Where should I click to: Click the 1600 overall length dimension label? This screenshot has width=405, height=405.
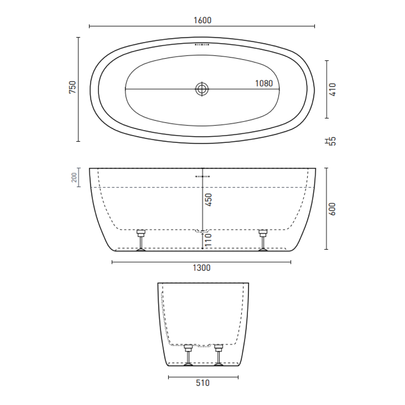[x=202, y=20]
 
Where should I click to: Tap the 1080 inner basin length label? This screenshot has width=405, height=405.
[x=264, y=83]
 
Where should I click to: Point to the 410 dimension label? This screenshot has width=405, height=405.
[x=333, y=89]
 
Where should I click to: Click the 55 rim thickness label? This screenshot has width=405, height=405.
[x=333, y=141]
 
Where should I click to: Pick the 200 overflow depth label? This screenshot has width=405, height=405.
[x=74, y=177]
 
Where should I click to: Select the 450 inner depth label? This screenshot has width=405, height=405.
[x=209, y=200]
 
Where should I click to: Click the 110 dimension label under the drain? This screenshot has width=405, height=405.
[x=209, y=240]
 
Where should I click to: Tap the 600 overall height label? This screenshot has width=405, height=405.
[x=332, y=209]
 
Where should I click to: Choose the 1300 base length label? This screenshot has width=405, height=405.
[x=202, y=268]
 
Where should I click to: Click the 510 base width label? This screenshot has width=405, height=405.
[x=202, y=383]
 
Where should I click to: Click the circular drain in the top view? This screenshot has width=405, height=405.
[x=202, y=89]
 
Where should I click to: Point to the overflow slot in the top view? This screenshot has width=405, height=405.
[x=202, y=45]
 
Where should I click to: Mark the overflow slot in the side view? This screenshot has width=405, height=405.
[x=202, y=176]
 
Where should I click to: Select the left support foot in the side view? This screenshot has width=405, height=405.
[x=141, y=240]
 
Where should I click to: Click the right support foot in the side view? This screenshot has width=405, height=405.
[x=263, y=240]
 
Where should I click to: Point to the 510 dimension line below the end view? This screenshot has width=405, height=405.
[x=203, y=377]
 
